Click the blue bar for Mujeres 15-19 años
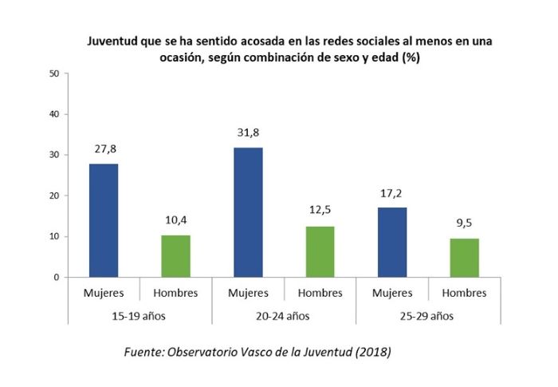pos(104,220)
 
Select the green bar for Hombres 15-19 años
pos(175,256)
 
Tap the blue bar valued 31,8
pos(248,212)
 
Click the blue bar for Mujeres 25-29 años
pos(392,242)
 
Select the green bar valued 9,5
pos(465,258)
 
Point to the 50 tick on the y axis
pos(54,73)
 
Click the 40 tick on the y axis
pos(54,114)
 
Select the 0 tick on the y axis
pos(57,277)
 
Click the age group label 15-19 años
pos(139,314)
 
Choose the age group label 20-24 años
pos(284,314)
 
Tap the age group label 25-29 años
pos(428,314)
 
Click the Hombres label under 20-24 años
pos(320,293)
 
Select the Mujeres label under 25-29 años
pos(392,293)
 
